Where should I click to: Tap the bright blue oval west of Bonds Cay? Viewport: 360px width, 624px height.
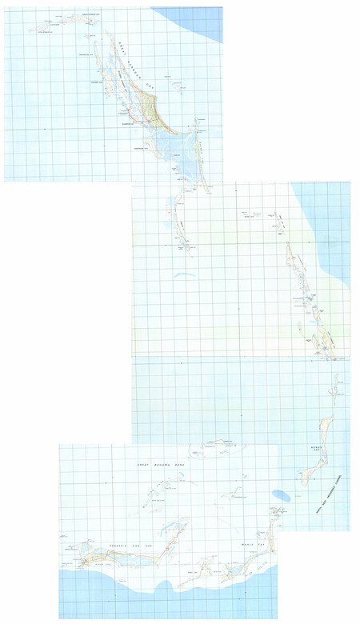click(281, 495)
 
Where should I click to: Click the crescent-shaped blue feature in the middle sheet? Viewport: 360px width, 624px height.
click(184, 276)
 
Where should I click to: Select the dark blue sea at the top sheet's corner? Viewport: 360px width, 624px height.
click(196, 20)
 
